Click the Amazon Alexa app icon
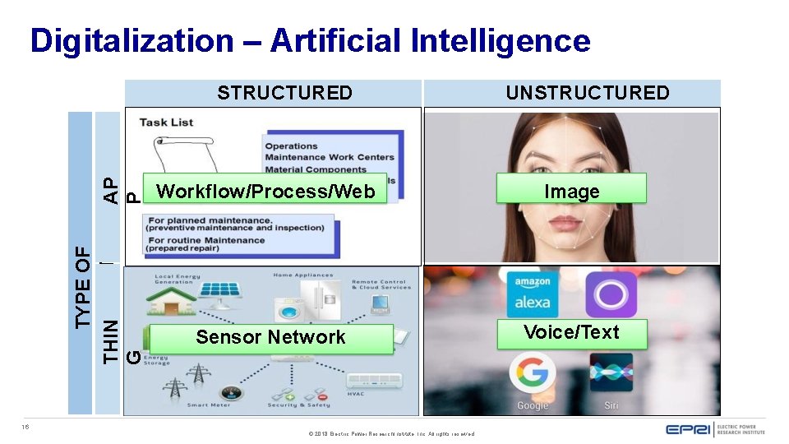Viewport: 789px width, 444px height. click(x=532, y=294)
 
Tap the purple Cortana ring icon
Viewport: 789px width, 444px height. click(x=611, y=294)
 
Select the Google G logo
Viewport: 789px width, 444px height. click(x=533, y=373)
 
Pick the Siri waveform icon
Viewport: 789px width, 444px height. click(x=611, y=372)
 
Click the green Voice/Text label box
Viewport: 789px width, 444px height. click(x=572, y=333)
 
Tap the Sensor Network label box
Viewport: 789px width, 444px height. click(x=271, y=337)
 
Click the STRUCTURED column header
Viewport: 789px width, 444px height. click(x=284, y=93)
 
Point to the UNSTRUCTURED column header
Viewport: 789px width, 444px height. click(x=588, y=93)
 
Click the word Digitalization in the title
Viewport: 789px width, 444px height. click(x=132, y=40)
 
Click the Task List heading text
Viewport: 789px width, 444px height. click(x=166, y=122)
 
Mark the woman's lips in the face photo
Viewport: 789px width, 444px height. click(x=572, y=224)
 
